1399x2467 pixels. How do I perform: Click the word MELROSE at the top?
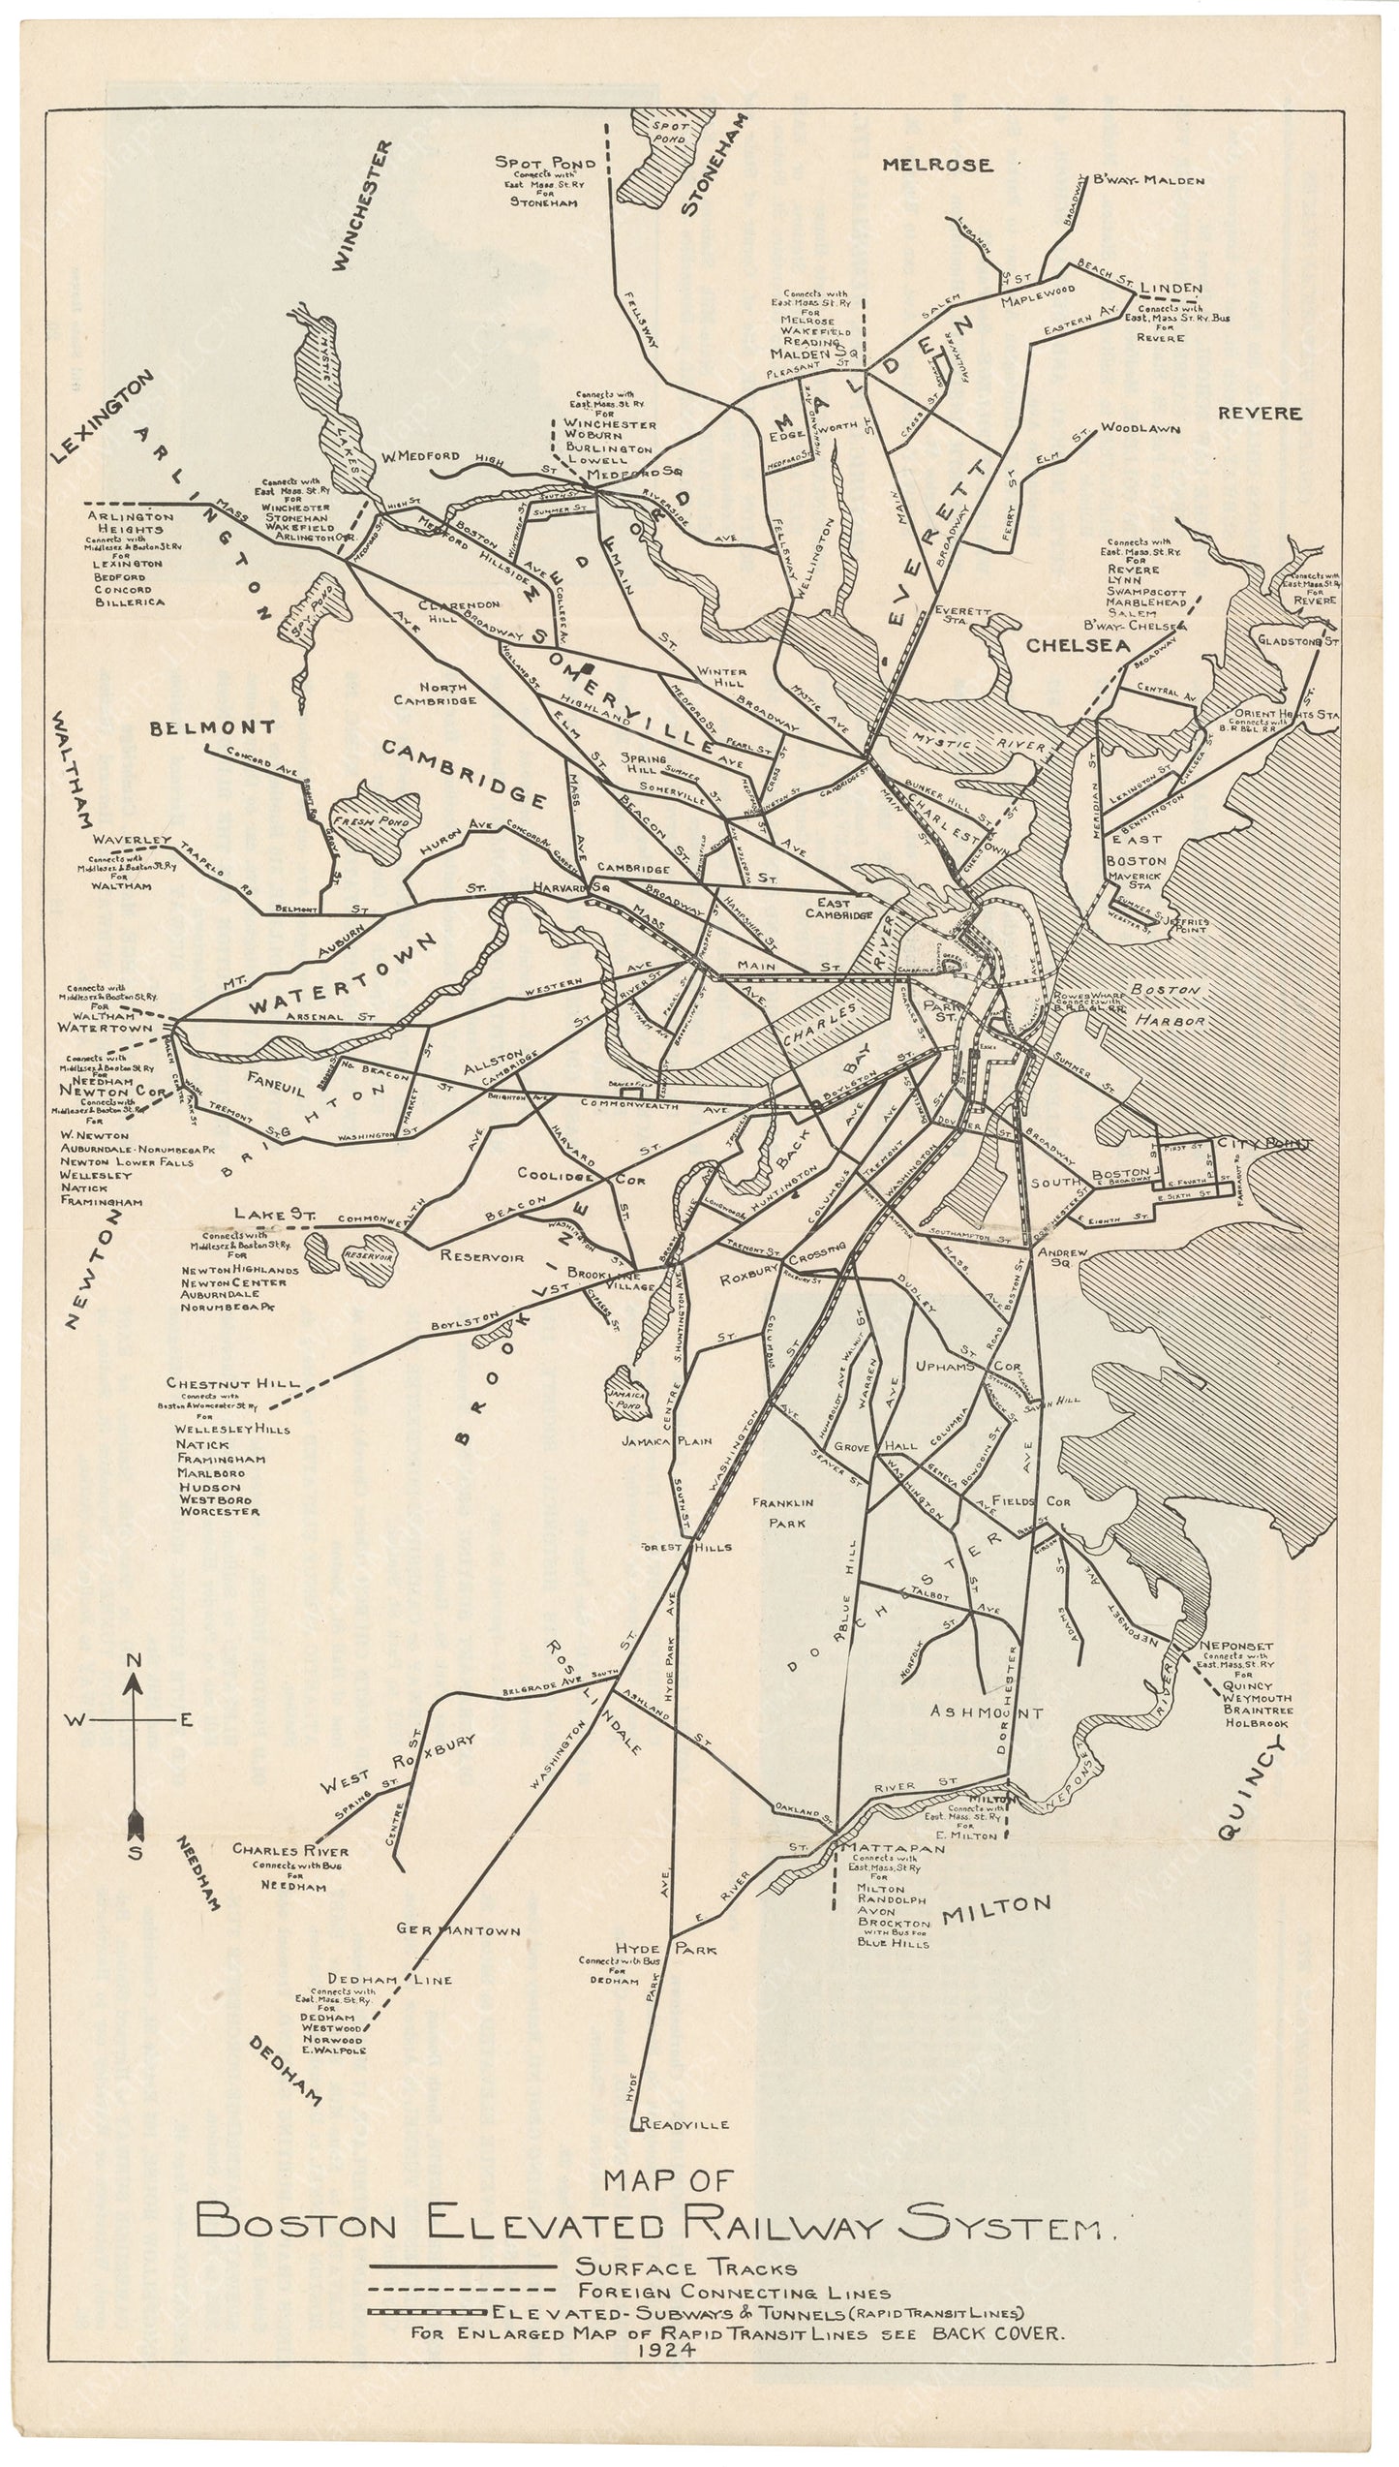[937, 165]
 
